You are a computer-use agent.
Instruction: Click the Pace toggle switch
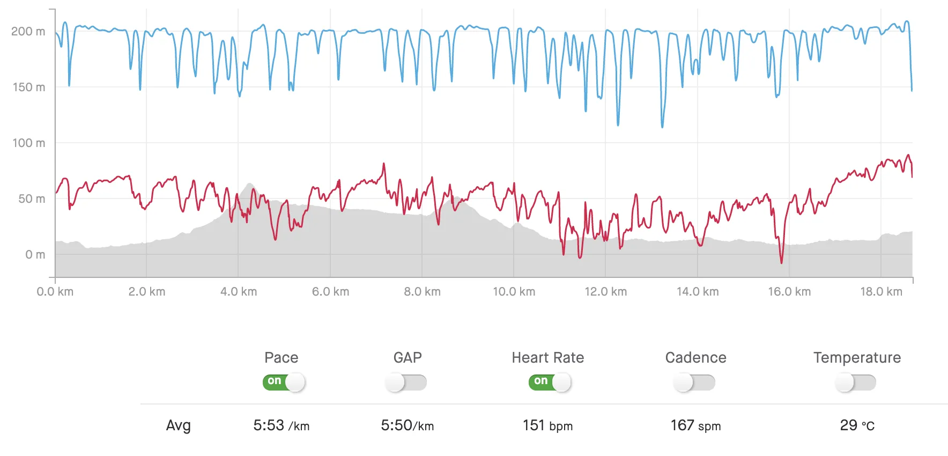click(284, 382)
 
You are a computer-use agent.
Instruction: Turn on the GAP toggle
click(406, 383)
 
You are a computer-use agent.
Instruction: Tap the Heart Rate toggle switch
click(550, 382)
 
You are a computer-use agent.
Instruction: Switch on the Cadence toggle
click(694, 383)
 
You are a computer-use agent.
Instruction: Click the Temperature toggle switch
click(855, 383)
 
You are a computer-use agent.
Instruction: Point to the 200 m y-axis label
click(28, 31)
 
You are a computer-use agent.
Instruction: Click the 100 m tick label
click(28, 143)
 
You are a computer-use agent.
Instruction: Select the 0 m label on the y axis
click(35, 254)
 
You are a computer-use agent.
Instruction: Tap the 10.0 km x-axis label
click(514, 292)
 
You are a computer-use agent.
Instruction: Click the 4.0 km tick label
click(239, 292)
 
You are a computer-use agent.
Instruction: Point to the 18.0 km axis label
click(881, 292)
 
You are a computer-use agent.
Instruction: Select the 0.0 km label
click(55, 292)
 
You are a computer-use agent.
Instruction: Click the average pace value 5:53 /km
click(281, 426)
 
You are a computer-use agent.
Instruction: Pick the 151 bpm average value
click(547, 426)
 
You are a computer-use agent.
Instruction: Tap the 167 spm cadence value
click(695, 426)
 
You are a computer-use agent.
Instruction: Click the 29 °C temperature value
click(857, 426)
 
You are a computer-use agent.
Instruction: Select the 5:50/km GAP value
click(407, 426)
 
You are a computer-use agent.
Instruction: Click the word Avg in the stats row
click(178, 426)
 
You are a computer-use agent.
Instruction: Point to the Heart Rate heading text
click(547, 358)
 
